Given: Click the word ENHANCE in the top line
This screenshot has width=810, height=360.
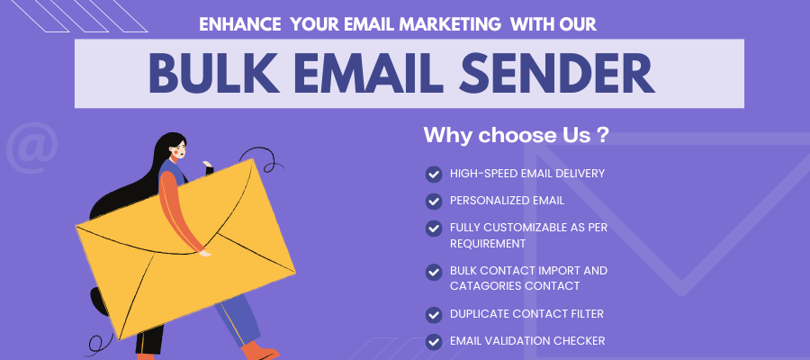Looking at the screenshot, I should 239,24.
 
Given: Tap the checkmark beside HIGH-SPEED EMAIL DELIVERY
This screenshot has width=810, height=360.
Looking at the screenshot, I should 434,174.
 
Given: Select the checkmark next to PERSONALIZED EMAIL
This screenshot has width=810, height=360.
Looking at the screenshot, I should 434,201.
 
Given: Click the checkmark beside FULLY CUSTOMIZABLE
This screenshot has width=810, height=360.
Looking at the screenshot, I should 434,228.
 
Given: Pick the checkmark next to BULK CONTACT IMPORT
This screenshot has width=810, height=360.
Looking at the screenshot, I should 434,271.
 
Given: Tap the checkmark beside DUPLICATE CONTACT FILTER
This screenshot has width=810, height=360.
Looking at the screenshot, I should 434,314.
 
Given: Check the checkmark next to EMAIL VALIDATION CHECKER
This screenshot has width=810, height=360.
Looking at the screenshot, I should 434,341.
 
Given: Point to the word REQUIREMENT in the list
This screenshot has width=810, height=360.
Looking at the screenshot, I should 488,243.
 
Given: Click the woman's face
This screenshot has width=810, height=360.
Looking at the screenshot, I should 177,148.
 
